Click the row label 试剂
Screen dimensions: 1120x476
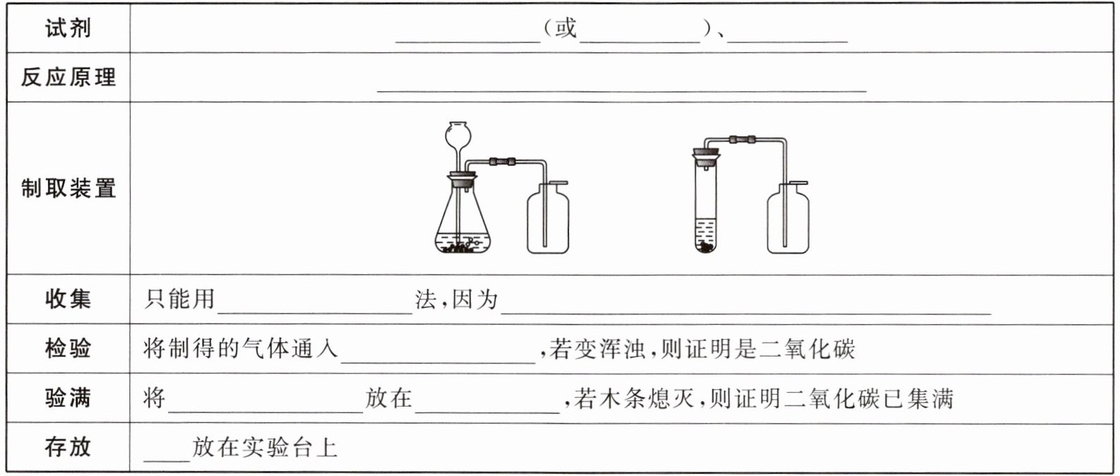pyautogui.click(x=68, y=28)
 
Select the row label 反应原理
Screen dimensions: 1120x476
pyautogui.click(x=68, y=77)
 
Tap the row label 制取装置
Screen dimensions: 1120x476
pyautogui.click(x=68, y=188)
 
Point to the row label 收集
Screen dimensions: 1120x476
pyautogui.click(x=68, y=299)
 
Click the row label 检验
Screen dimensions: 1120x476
pyautogui.click(x=68, y=348)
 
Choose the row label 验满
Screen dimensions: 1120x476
pyautogui.click(x=68, y=398)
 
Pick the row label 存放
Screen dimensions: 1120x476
pyautogui.click(x=68, y=446)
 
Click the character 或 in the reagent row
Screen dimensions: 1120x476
pyautogui.click(x=566, y=28)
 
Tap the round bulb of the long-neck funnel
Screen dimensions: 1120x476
pyautogui.click(x=458, y=134)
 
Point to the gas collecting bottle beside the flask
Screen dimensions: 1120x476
pyautogui.click(x=548, y=218)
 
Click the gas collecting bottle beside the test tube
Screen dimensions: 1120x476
pyautogui.click(x=788, y=218)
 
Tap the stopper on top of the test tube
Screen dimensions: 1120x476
pyautogui.click(x=706, y=153)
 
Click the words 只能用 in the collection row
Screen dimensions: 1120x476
pyautogui.click(x=179, y=299)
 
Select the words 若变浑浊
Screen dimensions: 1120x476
pyautogui.click(x=597, y=348)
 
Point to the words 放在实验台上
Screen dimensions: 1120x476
pyautogui.click(x=265, y=447)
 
